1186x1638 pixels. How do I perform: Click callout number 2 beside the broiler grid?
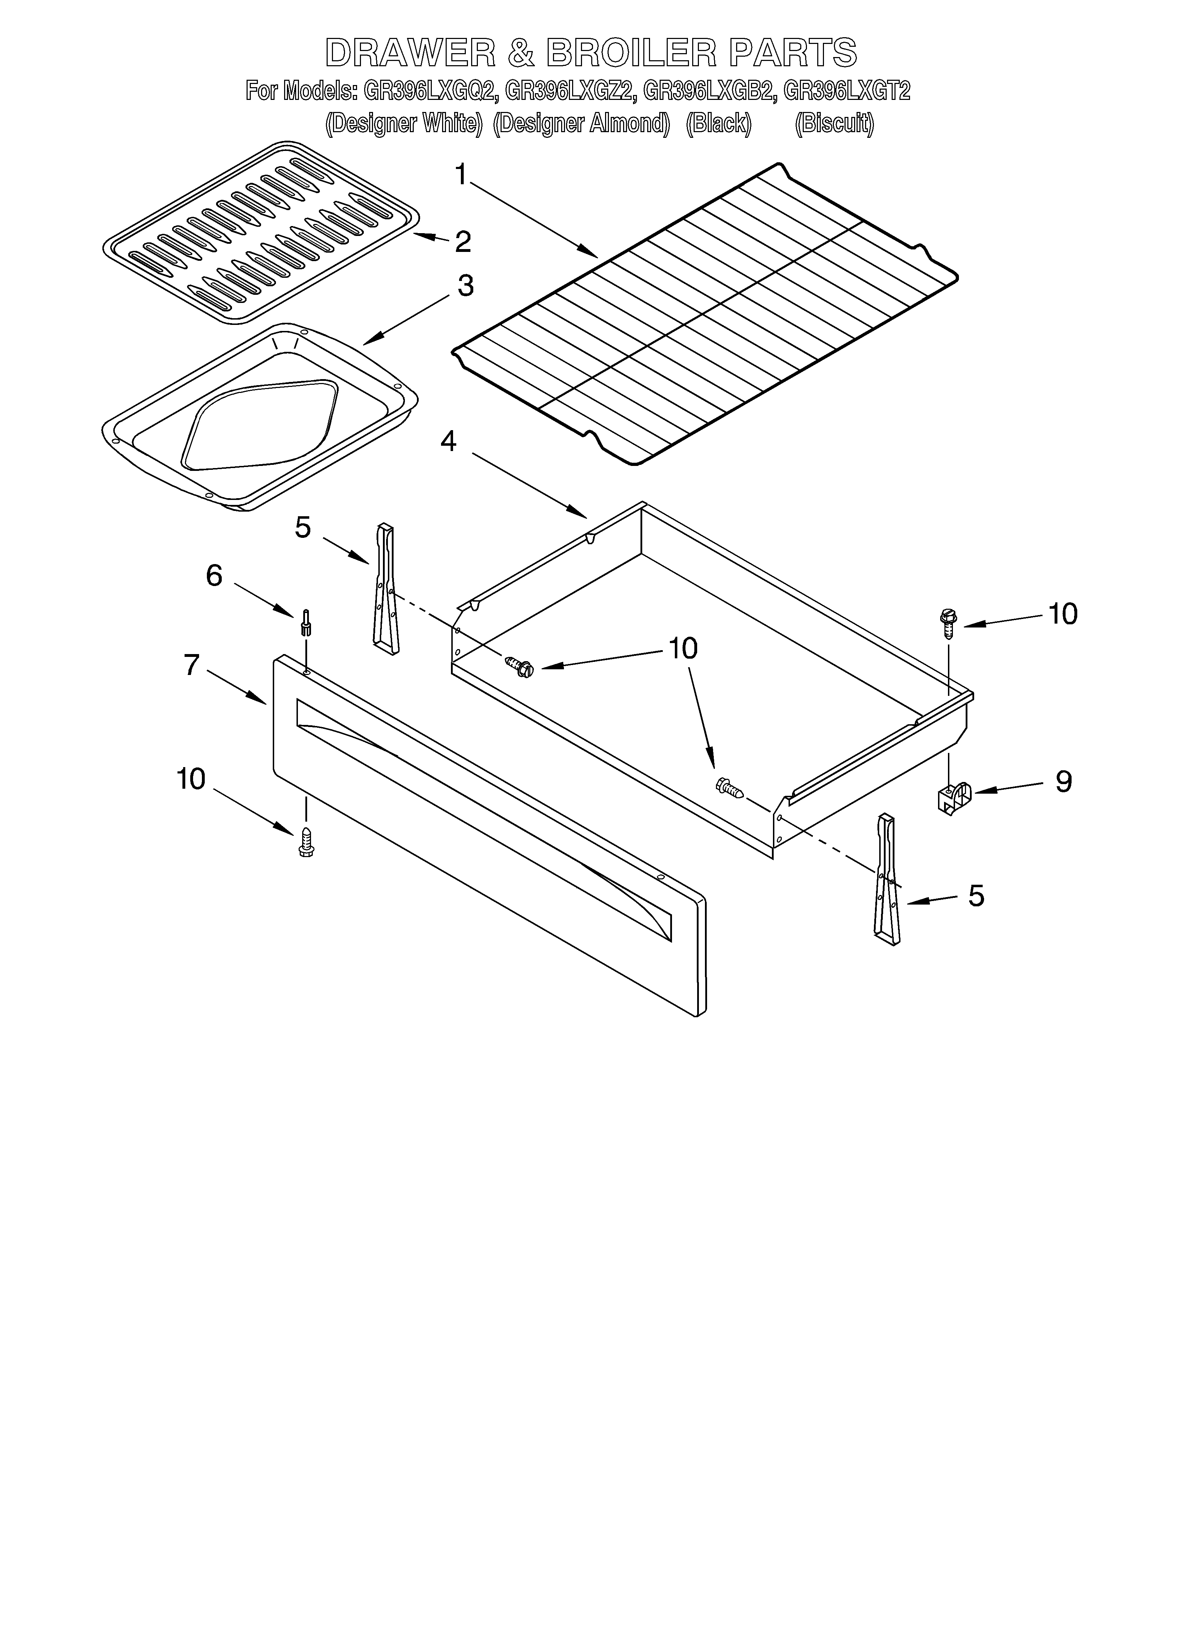click(x=462, y=241)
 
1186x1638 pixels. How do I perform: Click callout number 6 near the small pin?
click(x=215, y=576)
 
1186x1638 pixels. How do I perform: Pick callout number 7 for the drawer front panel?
click(x=191, y=664)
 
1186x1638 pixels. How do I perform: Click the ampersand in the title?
click(x=520, y=53)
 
